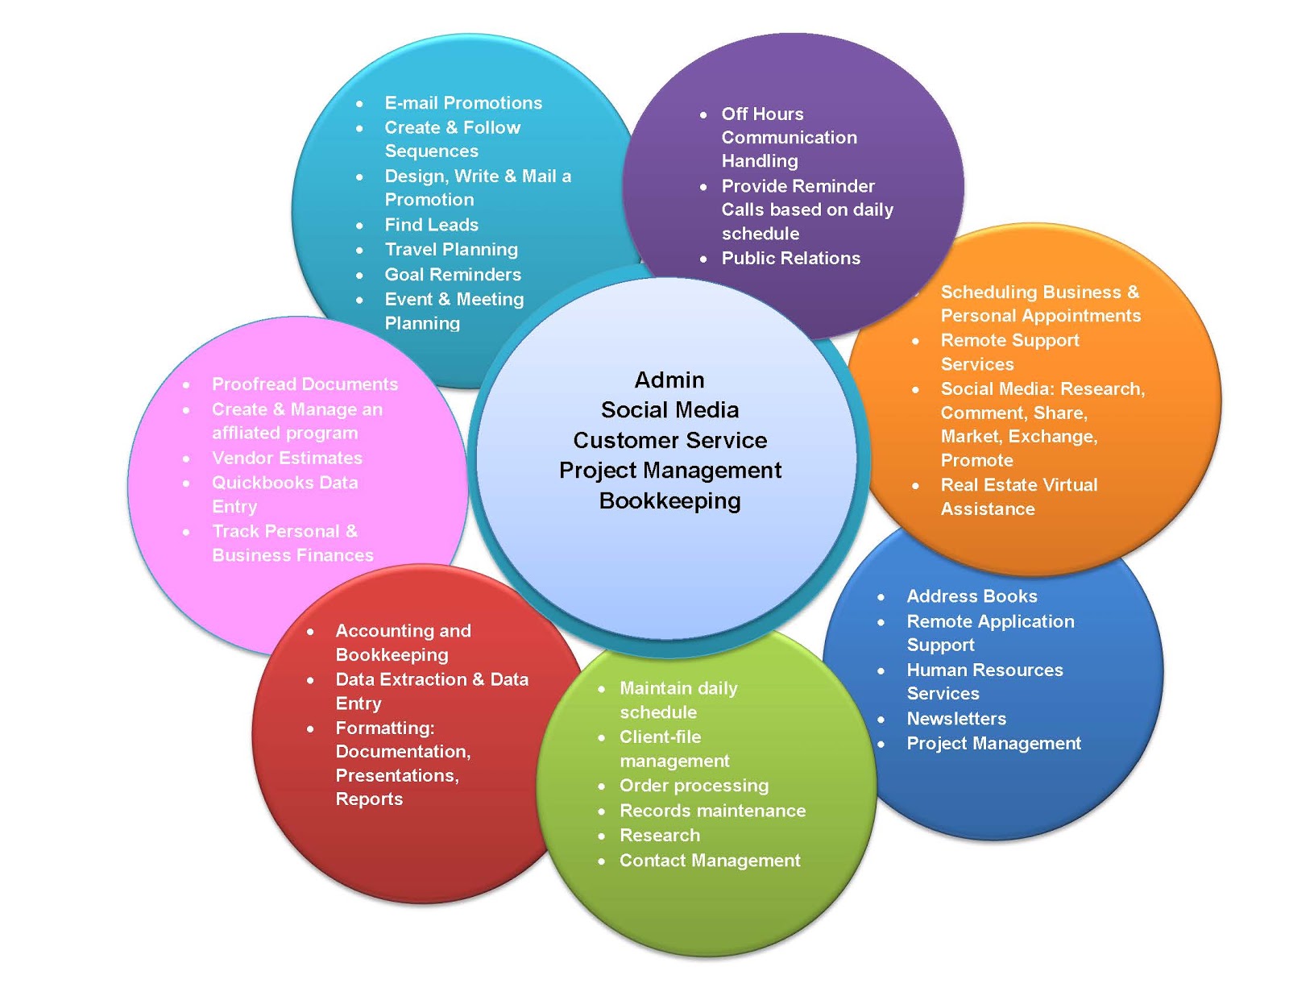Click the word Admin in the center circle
669,380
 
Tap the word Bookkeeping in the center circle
669,501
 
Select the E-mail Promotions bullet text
463,103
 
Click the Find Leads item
431,225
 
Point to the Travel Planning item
451,250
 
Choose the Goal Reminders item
453,275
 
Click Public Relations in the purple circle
790,259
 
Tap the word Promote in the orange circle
976,461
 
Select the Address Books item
972,596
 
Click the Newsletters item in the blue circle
956,719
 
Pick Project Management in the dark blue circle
993,744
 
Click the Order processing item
694,786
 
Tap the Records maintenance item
712,811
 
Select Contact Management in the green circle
710,861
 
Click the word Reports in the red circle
369,799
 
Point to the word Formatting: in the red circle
385,728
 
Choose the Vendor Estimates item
287,459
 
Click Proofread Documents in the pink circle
305,384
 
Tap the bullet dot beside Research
602,836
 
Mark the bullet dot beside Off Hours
703,115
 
